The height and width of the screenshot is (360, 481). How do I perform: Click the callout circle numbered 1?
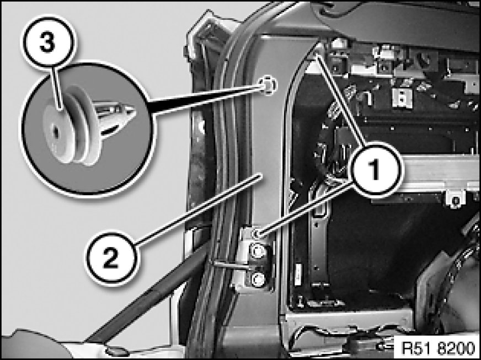pos(375,170)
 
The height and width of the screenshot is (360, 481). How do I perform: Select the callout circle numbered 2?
pos(111,258)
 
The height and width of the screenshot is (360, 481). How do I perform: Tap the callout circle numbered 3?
pos(48,42)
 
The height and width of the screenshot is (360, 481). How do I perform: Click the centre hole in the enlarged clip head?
pos(56,132)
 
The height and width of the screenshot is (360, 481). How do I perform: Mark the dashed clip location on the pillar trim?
pos(268,85)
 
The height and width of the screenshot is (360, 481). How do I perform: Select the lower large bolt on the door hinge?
pos(258,280)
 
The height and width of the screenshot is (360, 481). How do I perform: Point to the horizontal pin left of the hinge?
pos(232,264)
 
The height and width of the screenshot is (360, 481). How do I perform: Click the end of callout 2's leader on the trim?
pos(261,175)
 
